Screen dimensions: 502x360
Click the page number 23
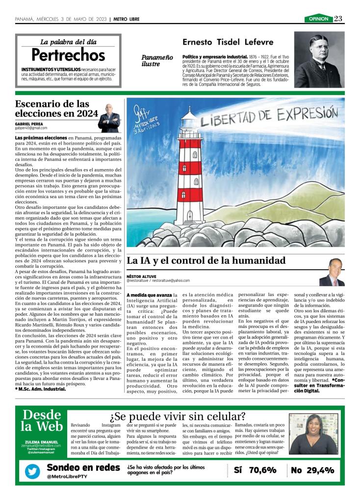coord(338,19)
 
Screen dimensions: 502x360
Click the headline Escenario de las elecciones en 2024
coord(52,108)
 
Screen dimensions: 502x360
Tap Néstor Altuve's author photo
coord(332,273)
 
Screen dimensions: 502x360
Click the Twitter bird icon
coord(33,471)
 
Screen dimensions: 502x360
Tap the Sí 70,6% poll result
coord(256,470)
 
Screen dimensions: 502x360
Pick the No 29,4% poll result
coord(312,470)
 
